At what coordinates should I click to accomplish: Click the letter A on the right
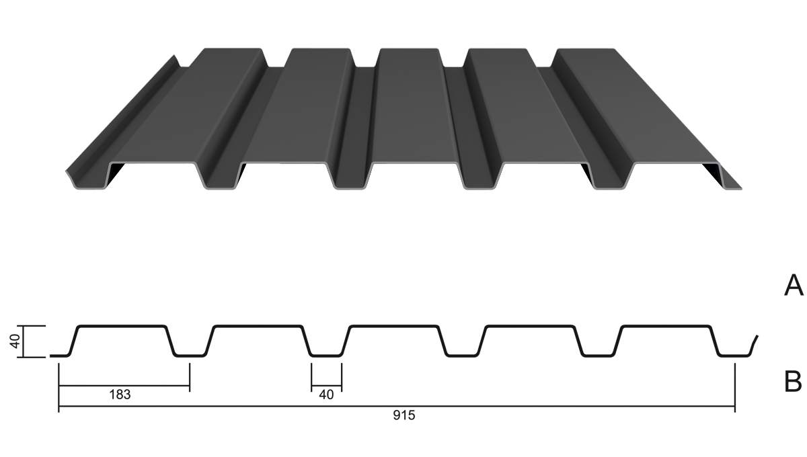click(x=793, y=285)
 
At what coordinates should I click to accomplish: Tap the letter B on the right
click(x=793, y=382)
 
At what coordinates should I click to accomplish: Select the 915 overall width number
click(x=403, y=416)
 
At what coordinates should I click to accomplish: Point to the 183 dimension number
click(x=120, y=395)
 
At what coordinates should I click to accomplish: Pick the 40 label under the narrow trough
click(x=326, y=395)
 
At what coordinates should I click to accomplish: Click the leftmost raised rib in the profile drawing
click(x=122, y=326)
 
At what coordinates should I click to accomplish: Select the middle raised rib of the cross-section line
click(x=395, y=326)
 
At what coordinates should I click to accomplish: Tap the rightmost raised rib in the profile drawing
click(x=666, y=326)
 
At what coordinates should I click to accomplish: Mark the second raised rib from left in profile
click(x=258, y=326)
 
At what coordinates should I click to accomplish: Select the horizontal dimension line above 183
click(x=124, y=386)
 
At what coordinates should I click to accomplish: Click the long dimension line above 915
click(x=397, y=407)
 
